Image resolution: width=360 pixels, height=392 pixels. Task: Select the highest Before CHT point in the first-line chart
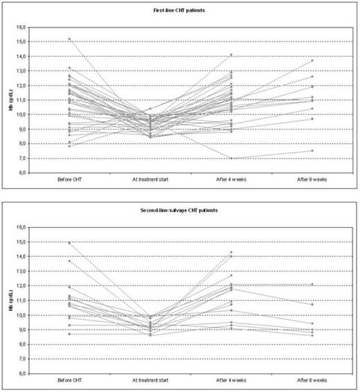tap(69, 39)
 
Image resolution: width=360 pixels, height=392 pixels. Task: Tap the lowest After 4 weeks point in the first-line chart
tap(232, 158)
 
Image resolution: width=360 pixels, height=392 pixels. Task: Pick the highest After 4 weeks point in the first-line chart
tap(232, 55)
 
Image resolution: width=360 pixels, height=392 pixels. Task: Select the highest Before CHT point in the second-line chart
tap(69, 243)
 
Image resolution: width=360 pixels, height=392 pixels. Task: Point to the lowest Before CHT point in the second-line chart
tap(69, 334)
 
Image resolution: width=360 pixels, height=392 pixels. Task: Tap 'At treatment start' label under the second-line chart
tap(150, 382)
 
